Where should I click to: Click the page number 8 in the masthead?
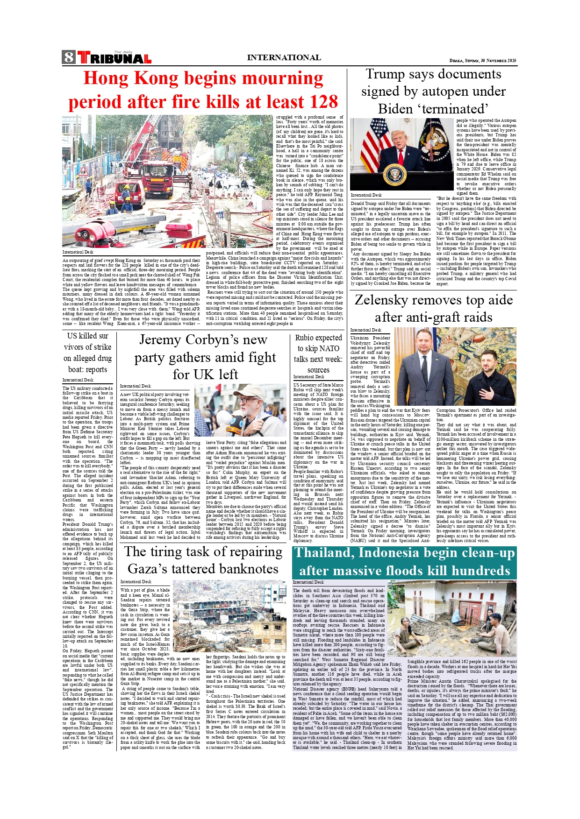(x=69, y=57)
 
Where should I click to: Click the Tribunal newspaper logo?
(x=114, y=57)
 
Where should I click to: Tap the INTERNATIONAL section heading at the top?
(x=284, y=58)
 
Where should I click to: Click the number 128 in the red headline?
(x=319, y=102)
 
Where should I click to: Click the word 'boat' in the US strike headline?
(x=74, y=369)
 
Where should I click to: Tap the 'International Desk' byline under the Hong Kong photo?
(x=78, y=252)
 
